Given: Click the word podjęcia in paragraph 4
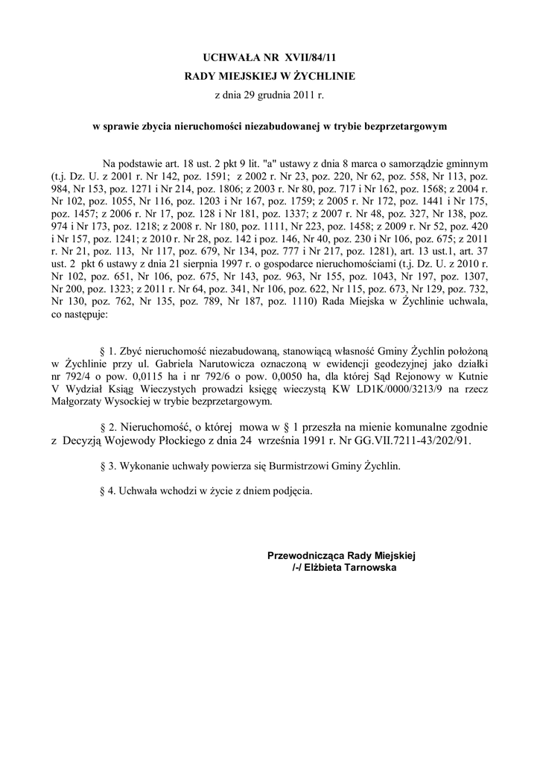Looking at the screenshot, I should pos(290,492).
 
